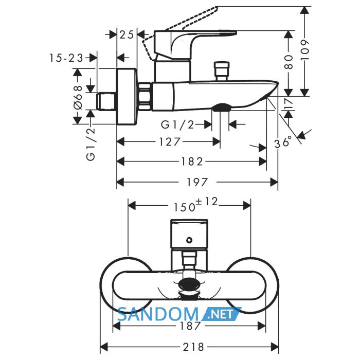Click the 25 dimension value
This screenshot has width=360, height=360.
click(x=127, y=35)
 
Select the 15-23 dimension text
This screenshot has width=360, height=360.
click(x=66, y=58)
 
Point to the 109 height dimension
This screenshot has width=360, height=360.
click(x=305, y=50)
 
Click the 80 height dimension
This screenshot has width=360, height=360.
click(x=289, y=62)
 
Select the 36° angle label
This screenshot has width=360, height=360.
click(x=283, y=141)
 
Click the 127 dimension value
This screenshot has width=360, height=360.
click(x=169, y=141)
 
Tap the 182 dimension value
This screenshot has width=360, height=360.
click(x=192, y=161)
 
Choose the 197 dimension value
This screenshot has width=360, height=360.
click(x=197, y=182)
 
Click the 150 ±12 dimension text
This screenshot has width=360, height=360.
click(x=195, y=205)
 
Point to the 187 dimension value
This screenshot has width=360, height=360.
click(x=191, y=326)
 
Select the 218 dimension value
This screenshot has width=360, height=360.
click(x=193, y=347)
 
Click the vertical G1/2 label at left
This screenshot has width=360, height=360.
click(x=91, y=144)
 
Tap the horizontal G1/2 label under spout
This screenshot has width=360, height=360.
click(x=177, y=124)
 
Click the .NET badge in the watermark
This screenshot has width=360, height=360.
click(x=221, y=314)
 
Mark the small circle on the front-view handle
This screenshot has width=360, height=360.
click(x=189, y=240)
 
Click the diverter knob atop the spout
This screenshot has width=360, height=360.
click(x=221, y=71)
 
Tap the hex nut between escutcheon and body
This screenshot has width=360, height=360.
click(x=145, y=97)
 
